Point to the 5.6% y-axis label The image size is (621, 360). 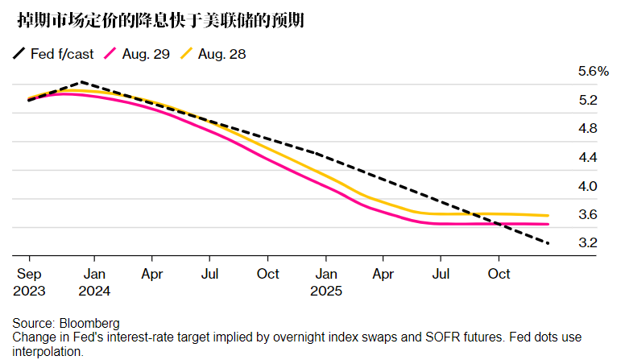point(594,72)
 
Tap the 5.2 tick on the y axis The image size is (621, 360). point(587,101)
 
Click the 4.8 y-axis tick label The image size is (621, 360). point(587,129)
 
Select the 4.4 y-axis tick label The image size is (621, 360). point(587,157)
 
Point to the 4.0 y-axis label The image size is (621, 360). point(587,186)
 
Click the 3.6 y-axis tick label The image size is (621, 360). point(587,214)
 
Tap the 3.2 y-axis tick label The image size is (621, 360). point(587,242)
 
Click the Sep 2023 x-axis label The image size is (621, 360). point(29,282)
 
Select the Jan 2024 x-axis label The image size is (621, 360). point(94,282)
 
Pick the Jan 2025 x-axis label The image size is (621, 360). point(326,282)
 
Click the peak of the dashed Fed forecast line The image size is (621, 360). point(82,82)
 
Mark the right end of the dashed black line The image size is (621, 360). point(549,243)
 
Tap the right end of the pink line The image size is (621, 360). point(549,224)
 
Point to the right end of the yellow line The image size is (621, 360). point(549,216)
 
